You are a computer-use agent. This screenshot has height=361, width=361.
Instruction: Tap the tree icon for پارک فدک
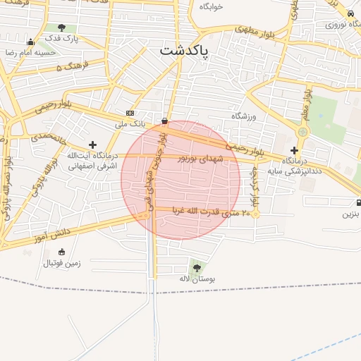pos(62,28)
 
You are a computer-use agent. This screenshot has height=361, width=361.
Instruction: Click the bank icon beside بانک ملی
pos(130,113)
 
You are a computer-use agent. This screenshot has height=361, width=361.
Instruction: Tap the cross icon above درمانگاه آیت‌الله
pos(92,145)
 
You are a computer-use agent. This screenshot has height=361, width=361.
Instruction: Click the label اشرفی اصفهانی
pos(92,167)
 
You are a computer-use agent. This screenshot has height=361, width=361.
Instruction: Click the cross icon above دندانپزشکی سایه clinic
pos(294,149)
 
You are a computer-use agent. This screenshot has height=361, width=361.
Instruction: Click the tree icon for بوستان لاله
pos(196,267)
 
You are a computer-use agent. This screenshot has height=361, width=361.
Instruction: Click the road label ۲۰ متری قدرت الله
pos(212,212)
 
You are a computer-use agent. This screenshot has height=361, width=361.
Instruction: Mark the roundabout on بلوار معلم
pos(303,131)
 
